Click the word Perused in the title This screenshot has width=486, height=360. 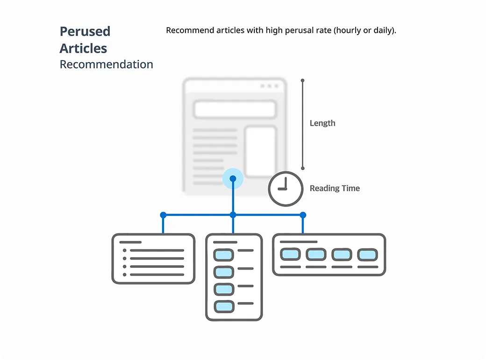click(85, 31)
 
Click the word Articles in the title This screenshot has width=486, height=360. click(83, 48)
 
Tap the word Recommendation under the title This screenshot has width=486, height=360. click(107, 65)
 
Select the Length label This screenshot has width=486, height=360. click(322, 123)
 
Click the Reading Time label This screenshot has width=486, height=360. click(335, 188)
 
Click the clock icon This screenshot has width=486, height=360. click(286, 189)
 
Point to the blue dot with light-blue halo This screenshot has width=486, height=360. click(233, 179)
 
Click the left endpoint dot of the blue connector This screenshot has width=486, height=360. click(164, 215)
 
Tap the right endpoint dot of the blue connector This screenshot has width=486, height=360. click(303, 215)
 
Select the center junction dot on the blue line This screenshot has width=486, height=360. click(233, 215)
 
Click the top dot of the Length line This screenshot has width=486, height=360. click(302, 80)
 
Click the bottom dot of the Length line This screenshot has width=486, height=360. click(303, 168)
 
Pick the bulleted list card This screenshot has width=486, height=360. click(153, 259)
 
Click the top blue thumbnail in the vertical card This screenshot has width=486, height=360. click(223, 255)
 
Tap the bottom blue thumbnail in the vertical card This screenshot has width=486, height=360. click(224, 307)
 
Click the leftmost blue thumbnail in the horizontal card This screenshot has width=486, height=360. click(290, 254)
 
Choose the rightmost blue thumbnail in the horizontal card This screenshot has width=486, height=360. click(368, 255)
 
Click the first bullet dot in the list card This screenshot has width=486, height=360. click(125, 250)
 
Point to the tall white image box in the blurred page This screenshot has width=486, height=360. click(261, 151)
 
